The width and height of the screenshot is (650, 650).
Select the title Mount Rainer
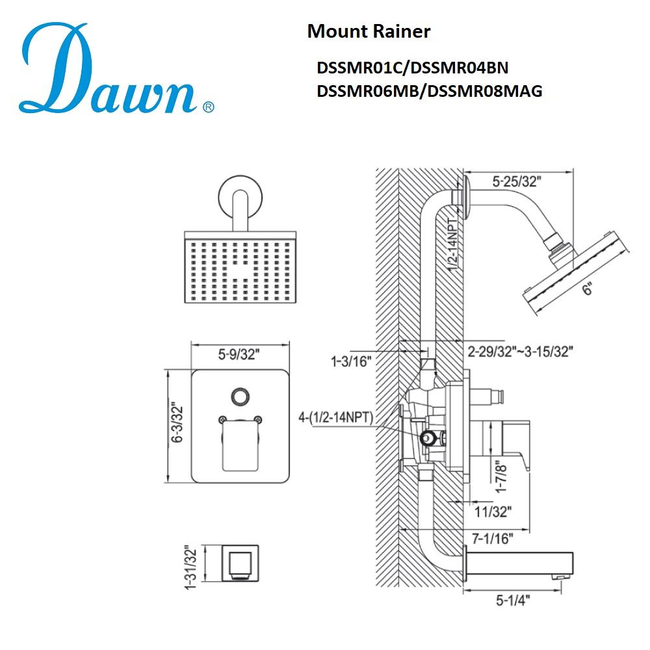click(x=369, y=31)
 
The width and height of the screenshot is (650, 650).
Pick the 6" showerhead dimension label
click(x=587, y=291)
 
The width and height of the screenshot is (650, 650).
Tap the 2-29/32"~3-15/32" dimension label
click(x=520, y=352)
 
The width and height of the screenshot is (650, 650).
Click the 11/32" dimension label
click(x=494, y=512)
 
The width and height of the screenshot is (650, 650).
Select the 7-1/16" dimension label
click(x=492, y=538)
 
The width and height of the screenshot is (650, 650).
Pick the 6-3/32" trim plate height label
click(x=176, y=426)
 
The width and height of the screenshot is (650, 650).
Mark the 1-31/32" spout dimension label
click(x=189, y=563)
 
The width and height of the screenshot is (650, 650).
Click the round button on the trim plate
click(x=240, y=396)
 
